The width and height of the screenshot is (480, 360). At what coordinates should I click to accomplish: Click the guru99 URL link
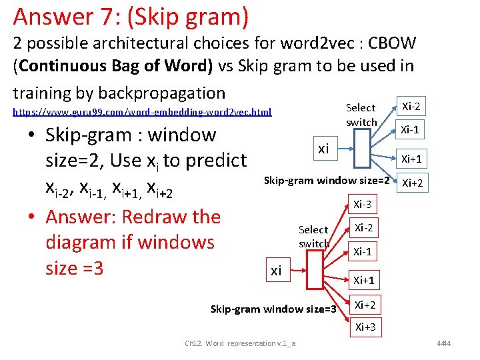coord(143,112)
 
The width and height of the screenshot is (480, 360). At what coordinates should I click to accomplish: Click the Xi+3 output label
coord(365,327)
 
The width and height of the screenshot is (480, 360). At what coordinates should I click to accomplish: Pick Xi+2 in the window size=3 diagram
coord(365,305)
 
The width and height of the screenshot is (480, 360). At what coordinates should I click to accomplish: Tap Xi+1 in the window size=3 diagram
coord(365,280)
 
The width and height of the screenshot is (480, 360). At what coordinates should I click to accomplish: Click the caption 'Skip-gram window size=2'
coord(327,180)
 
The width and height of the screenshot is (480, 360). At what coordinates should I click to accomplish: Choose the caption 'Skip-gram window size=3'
coord(273,309)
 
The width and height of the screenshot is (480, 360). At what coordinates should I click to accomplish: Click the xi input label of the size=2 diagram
coord(323,149)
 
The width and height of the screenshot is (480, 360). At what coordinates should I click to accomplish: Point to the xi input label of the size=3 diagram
coord(275,271)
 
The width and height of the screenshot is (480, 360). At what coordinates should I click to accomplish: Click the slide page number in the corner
coord(461,343)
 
